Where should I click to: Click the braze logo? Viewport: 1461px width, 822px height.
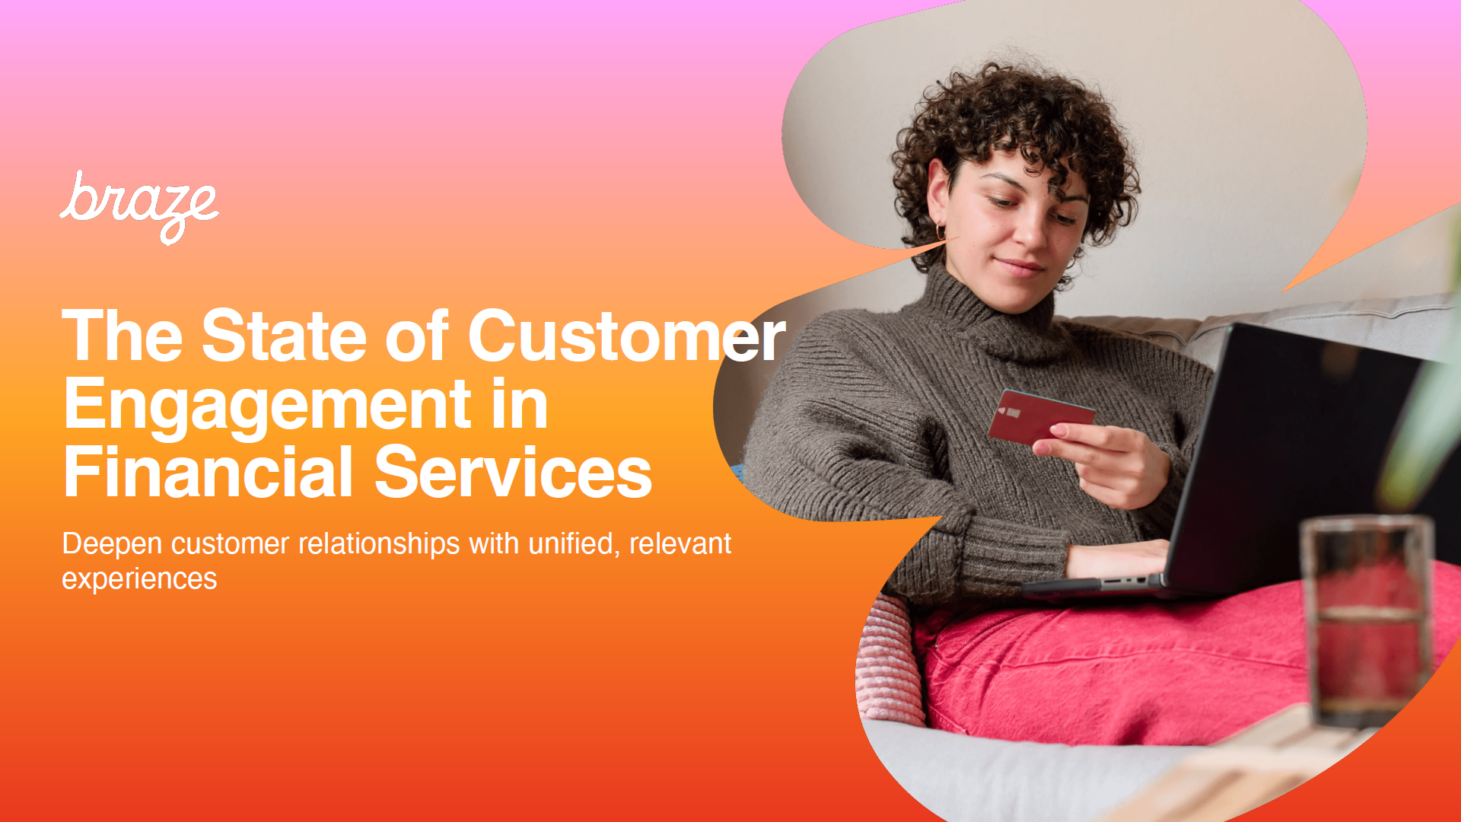[x=139, y=207]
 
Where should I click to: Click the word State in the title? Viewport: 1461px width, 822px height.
[x=284, y=336]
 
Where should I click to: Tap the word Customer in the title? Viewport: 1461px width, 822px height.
[x=626, y=336]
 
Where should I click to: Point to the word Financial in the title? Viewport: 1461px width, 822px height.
[x=208, y=472]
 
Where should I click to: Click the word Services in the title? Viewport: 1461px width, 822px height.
[x=514, y=473]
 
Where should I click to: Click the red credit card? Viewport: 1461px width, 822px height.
[x=1041, y=416]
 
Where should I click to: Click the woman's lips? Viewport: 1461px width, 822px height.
[x=1020, y=267]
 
